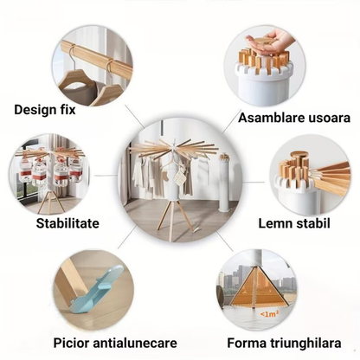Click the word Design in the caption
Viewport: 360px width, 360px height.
click(x=35, y=110)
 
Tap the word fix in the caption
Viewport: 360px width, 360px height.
click(x=67, y=110)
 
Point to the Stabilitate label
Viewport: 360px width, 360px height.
click(x=67, y=223)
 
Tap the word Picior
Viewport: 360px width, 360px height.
click(x=71, y=344)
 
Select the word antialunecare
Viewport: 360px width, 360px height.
click(x=135, y=344)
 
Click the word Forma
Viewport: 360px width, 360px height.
click(x=247, y=344)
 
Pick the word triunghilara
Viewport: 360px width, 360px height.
click(x=305, y=344)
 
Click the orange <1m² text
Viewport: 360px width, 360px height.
click(x=269, y=314)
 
